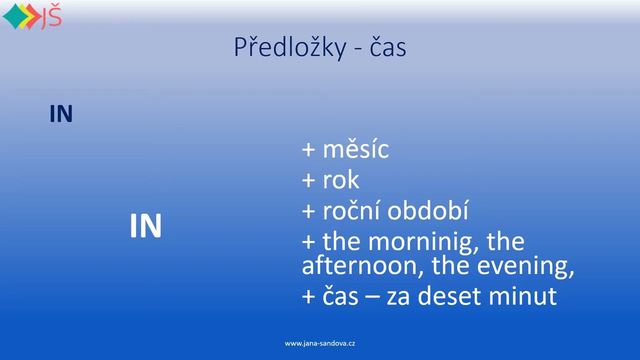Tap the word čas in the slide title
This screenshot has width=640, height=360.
coord(387,47)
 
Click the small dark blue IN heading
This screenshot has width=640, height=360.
coord(61,114)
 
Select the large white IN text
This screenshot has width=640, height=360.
coord(145,226)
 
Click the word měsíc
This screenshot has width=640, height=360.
coord(355,149)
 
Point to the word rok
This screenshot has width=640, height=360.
coord(341,180)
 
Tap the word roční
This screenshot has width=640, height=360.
coord(351,210)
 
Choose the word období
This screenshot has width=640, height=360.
coord(428,211)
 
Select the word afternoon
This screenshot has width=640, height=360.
coord(359,266)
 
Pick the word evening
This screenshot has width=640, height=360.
coord(525,267)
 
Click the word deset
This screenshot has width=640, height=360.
coord(451,296)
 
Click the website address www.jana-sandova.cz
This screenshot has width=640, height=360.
coord(320,343)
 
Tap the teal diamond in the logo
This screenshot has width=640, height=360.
coord(13,16)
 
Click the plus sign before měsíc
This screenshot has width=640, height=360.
coord(308,150)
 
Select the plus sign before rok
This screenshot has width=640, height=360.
coord(308,180)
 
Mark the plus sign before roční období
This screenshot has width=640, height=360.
coord(308,211)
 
